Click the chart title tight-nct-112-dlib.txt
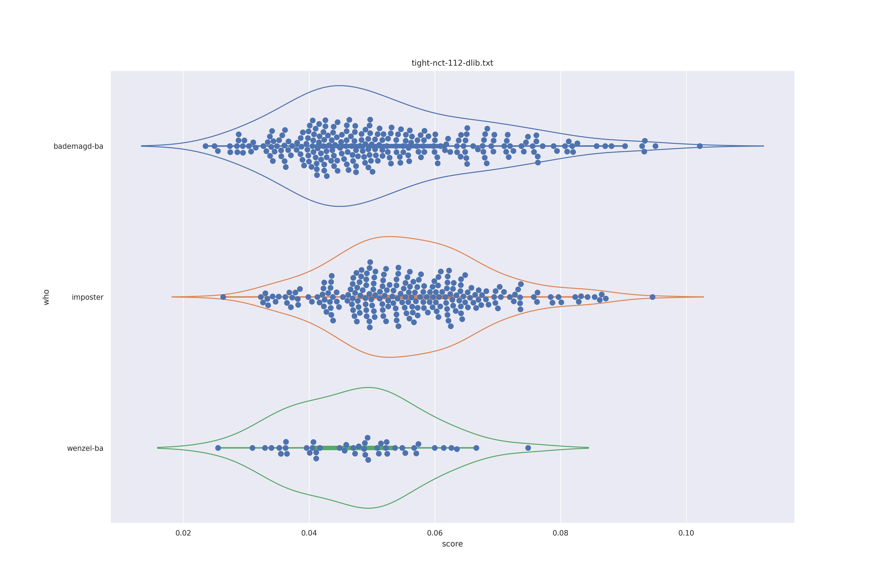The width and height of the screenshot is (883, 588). pos(452,63)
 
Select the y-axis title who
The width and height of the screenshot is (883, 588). pos(46,297)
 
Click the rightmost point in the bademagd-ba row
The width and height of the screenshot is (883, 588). pos(699,146)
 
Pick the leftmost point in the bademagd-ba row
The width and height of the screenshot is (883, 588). pos(205,146)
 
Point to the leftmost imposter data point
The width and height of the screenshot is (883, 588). pos(223,297)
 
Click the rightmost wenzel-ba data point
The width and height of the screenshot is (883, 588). pos(528,448)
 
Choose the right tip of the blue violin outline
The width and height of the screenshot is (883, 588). pos(763,146)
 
